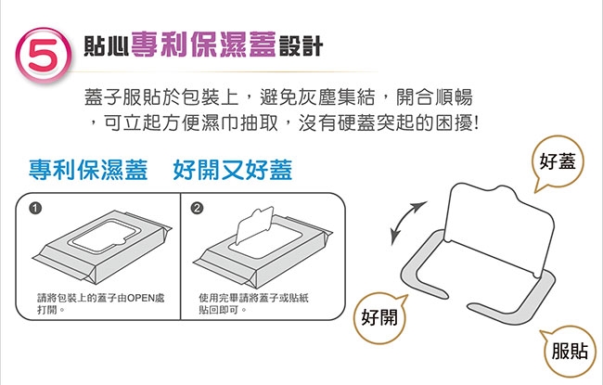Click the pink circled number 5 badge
44,54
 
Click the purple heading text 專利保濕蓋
204,45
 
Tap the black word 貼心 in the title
106,46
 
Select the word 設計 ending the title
301,46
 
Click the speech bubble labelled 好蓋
558,161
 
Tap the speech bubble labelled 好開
379,317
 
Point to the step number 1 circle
34,208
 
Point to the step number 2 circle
197,208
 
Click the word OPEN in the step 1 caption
141,298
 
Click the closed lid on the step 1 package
103,237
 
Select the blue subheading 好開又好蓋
233,170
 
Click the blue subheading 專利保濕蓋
88,170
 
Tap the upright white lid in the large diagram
500,227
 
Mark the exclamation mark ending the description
477,123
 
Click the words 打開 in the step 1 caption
47,310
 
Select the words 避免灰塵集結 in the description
317,96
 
